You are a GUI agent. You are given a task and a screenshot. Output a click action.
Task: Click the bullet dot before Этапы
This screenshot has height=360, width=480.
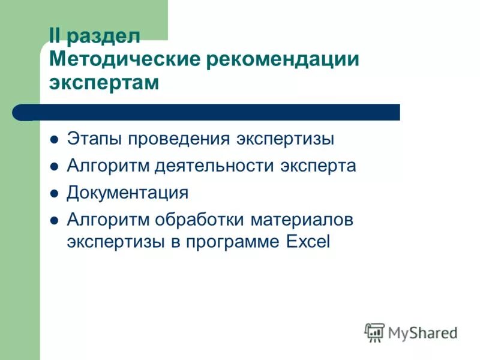pyautogui.click(x=54, y=139)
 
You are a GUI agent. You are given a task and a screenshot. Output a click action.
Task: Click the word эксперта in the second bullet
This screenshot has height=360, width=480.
pyautogui.click(x=319, y=166)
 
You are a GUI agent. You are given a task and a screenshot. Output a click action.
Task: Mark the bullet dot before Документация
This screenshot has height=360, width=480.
pyautogui.click(x=54, y=194)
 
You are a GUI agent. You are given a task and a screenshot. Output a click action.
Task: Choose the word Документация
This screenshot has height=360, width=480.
pyautogui.click(x=127, y=193)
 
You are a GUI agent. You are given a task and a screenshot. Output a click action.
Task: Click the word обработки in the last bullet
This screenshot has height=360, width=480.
pyautogui.click(x=196, y=220)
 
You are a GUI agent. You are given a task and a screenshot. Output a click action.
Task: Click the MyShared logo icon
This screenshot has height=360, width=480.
pyautogui.click(x=375, y=331)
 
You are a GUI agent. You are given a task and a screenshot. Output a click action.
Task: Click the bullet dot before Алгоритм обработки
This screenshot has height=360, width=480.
pyautogui.click(x=54, y=221)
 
